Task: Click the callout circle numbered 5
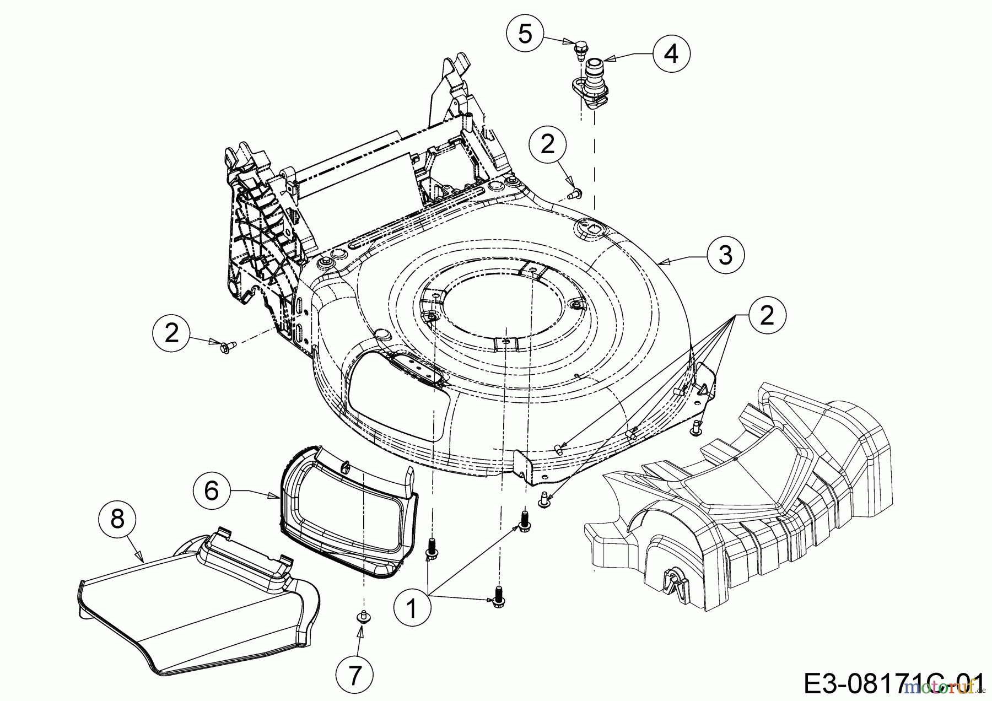(525, 34)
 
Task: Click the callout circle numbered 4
(671, 54)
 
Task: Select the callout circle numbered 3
(726, 255)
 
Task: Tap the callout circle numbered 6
(212, 490)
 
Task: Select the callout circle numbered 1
(412, 610)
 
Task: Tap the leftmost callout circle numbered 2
(172, 333)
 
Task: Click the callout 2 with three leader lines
(767, 315)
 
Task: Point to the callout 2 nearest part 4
(547, 144)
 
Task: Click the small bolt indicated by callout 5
(579, 50)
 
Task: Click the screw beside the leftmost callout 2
(227, 347)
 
